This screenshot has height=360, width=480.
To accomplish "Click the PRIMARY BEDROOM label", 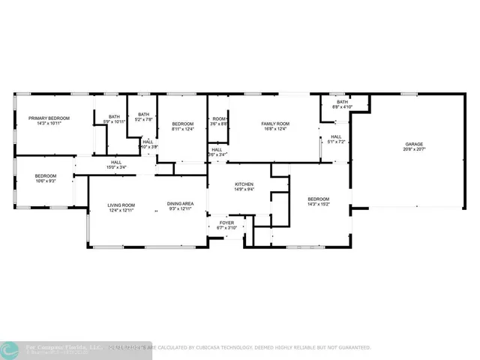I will coord(49,118).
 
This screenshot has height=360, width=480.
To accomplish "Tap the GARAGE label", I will coord(415,144).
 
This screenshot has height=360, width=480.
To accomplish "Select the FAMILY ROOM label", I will coord(274,123).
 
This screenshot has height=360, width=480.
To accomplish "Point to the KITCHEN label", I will coord(244,184).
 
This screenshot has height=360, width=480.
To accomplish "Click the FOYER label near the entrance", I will coord(226,223).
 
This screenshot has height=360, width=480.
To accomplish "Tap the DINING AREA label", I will coord(181,205).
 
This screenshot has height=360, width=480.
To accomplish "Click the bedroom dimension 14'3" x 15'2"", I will coord(319,204).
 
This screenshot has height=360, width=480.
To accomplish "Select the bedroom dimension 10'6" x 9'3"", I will coord(45,181).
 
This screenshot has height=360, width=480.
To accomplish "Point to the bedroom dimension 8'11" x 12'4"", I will coord(183,129).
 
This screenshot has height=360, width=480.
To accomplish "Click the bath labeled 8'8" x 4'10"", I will coord(342,107).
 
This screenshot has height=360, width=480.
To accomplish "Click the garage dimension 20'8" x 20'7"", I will coord(415,149).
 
